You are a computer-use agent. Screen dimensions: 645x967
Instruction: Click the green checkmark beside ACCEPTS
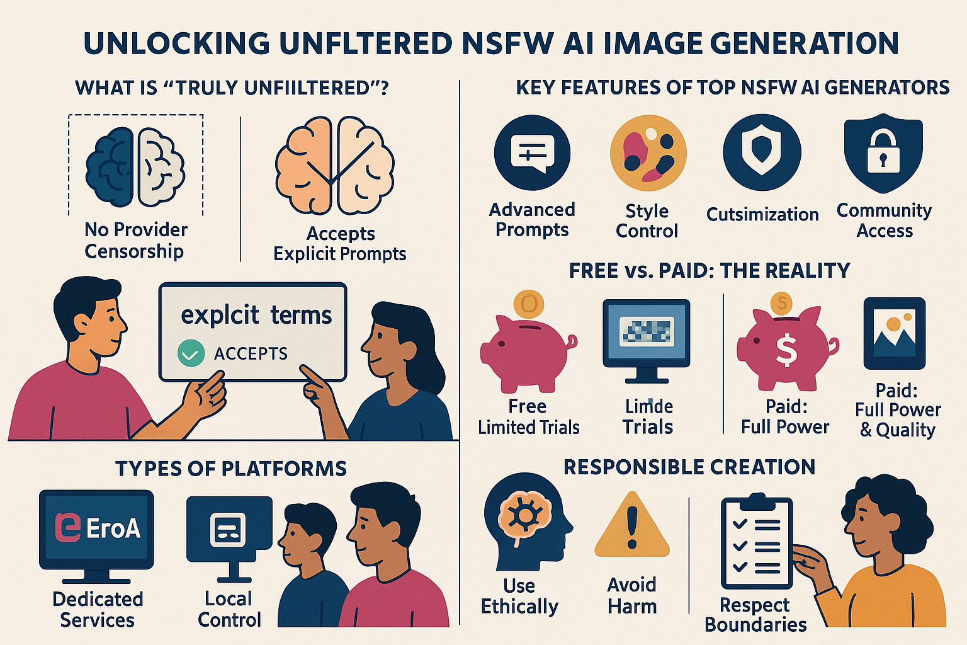tap(191, 353)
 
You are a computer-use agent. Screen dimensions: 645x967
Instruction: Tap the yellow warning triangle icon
tap(631, 526)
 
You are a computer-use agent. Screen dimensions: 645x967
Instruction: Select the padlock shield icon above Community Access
tap(883, 153)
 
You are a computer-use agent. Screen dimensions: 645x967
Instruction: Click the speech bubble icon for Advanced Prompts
tap(532, 153)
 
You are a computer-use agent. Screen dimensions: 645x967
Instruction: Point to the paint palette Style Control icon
tap(648, 153)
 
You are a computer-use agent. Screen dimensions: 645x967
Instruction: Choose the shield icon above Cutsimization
tap(762, 153)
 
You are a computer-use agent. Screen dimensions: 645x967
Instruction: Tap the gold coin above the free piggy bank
tap(529, 305)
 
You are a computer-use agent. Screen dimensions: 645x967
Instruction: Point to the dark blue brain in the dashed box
tap(111, 167)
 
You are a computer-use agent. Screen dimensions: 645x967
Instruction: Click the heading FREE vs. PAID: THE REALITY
tap(710, 271)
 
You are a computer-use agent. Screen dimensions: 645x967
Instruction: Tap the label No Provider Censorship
tap(135, 241)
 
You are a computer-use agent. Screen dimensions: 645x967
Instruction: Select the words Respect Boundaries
tap(755, 615)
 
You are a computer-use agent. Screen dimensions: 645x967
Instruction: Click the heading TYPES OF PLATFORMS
tap(231, 469)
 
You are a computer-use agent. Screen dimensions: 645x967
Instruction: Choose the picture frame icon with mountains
tap(894, 334)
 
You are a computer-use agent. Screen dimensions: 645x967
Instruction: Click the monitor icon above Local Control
tap(229, 532)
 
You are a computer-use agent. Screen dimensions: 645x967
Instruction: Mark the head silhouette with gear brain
tap(526, 520)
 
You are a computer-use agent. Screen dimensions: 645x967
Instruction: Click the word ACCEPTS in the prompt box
tap(251, 354)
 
